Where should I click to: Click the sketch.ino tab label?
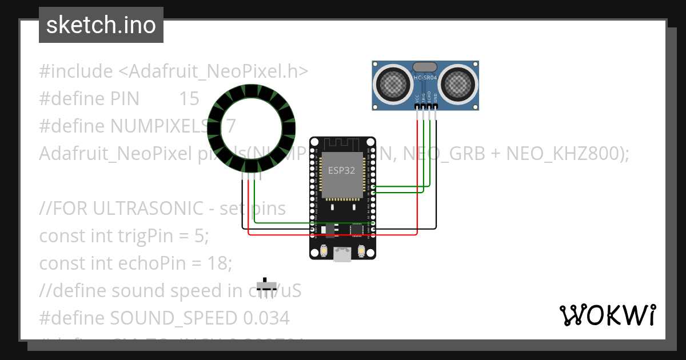pos(101,25)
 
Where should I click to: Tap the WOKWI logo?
pos(607,315)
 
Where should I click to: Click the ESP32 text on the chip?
pos(342,170)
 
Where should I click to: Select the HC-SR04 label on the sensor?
pos(426,78)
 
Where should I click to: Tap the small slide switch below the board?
pos(266,285)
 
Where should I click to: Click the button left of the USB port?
pos(324,251)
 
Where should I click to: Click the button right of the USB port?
pos(361,251)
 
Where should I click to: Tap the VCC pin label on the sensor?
pos(417,98)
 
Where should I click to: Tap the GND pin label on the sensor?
pos(435,98)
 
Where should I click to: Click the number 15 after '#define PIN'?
pos(189,99)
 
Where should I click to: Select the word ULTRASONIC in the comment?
pos(137,209)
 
